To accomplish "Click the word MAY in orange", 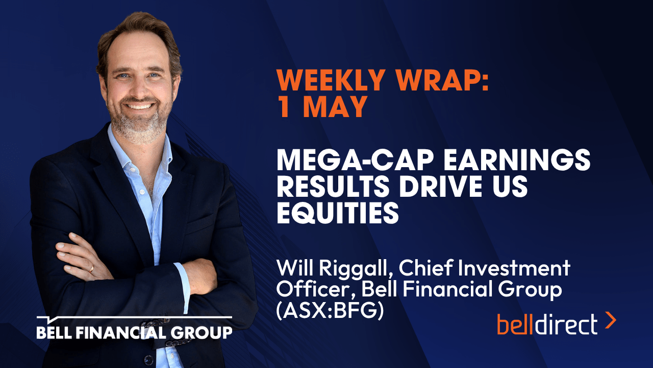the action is pos(335,107).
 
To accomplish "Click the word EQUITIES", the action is pos(338,213).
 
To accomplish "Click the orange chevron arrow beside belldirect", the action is pos(611,320).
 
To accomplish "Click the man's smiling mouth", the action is pos(139,105).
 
